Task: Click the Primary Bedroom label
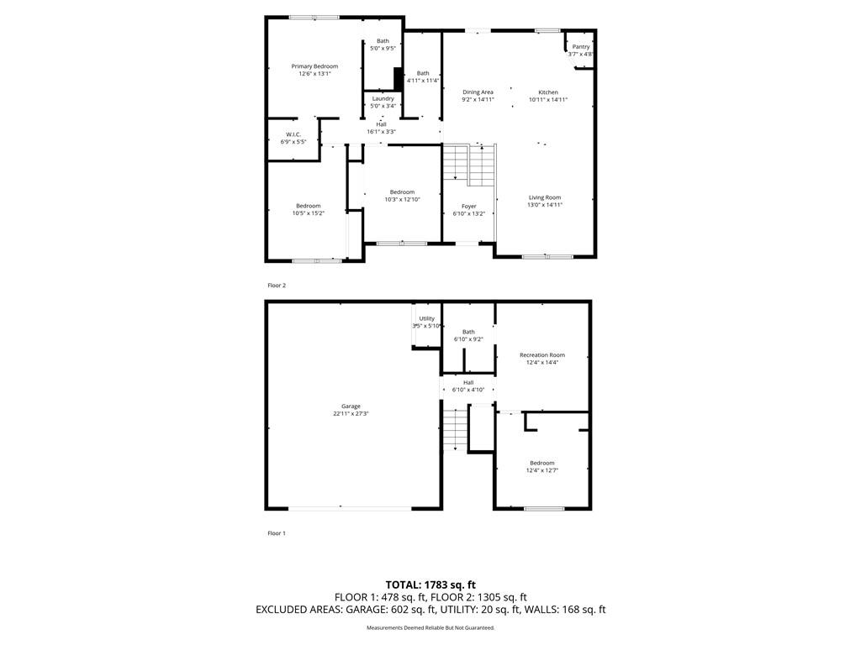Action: (x=314, y=66)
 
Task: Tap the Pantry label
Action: (x=581, y=47)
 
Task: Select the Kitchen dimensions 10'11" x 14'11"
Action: (x=548, y=100)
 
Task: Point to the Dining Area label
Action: (x=478, y=92)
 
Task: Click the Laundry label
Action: (x=383, y=99)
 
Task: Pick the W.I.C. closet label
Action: (x=293, y=134)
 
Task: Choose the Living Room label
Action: (x=545, y=197)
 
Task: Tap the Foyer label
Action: (x=469, y=207)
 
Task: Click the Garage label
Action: (x=351, y=406)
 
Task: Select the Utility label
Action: (x=426, y=318)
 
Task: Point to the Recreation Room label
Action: (x=542, y=355)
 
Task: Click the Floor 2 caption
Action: (x=277, y=286)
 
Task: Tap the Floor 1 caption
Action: (x=277, y=533)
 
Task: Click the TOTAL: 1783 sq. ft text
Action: (x=430, y=585)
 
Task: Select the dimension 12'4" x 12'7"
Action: (x=542, y=470)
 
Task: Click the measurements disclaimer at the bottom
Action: (x=430, y=627)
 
